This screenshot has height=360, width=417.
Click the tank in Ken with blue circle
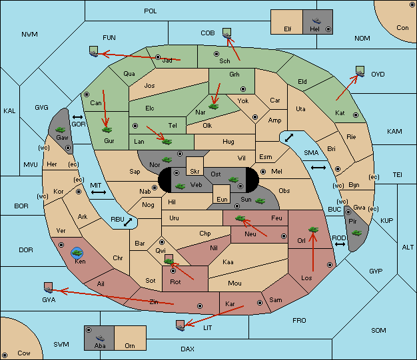[77, 253]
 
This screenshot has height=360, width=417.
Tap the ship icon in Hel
[316, 21]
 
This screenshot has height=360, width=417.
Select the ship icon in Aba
[100, 338]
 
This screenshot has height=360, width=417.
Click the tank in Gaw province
[61, 130]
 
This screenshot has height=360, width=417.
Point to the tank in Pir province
[356, 233]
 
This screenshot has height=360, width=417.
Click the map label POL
[151, 11]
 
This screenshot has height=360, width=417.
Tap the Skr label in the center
[195, 172]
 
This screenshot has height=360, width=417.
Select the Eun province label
[222, 199]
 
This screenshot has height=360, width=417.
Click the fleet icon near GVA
[48, 287]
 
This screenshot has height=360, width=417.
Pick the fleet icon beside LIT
[181, 325]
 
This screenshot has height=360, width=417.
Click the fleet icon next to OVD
[360, 71]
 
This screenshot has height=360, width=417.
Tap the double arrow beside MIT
[99, 192]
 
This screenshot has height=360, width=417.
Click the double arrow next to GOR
[78, 117]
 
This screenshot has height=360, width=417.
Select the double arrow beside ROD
[340, 244]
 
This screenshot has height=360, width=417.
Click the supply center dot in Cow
[5, 355]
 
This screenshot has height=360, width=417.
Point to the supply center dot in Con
[412, 5]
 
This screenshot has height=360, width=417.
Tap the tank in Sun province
[260, 201]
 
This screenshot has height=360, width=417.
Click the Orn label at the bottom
[130, 345]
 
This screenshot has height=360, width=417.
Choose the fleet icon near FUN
[94, 51]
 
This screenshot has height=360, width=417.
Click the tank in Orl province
[313, 230]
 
